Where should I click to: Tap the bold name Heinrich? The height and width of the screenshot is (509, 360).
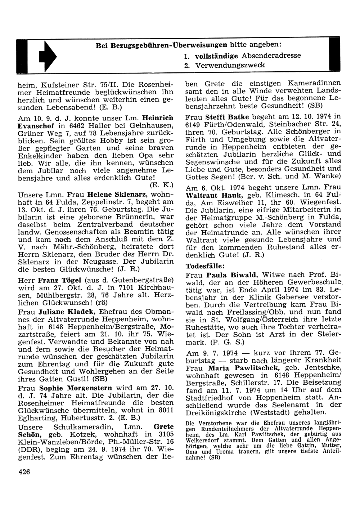(158, 117)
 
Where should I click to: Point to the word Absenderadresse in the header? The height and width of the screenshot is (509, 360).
(271, 56)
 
